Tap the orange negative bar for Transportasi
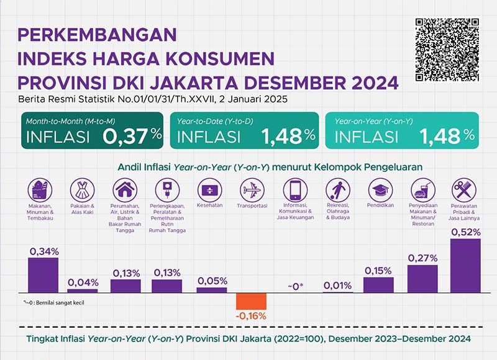[x=251, y=301]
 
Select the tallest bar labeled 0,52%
[x=465, y=266]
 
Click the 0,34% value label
[x=43, y=251]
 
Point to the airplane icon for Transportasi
[x=252, y=189]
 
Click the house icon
[x=124, y=189]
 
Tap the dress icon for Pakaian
[x=81, y=189]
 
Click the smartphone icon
[x=294, y=189]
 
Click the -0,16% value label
[x=251, y=316]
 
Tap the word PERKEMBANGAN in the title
[x=97, y=34]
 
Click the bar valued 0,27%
[x=422, y=279]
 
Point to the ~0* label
[x=294, y=286]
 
